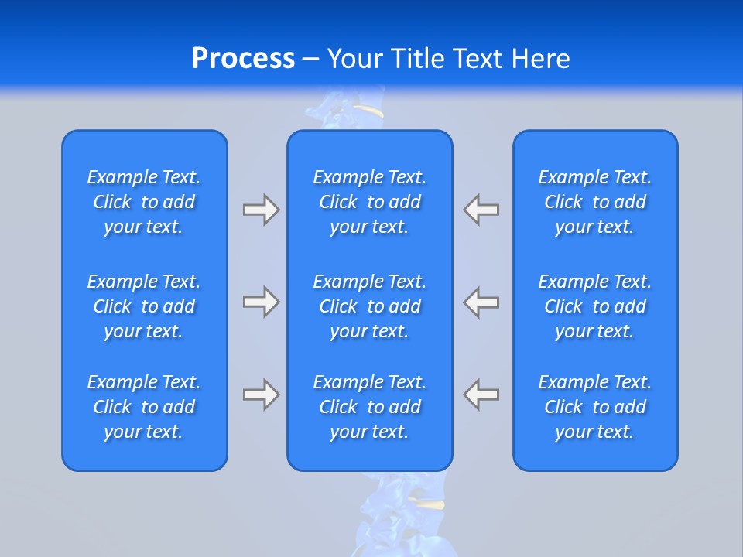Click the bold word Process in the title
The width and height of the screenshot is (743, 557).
(x=243, y=59)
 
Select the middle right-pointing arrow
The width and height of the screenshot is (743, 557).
(x=261, y=302)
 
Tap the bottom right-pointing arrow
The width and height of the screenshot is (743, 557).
(x=261, y=395)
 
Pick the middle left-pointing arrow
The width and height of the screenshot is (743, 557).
(x=481, y=302)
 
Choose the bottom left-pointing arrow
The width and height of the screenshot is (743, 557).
(x=481, y=395)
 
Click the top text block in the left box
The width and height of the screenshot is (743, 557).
(x=144, y=202)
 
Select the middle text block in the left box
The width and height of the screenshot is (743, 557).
(x=144, y=306)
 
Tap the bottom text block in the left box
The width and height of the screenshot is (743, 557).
(x=144, y=407)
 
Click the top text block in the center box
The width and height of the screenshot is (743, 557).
(x=370, y=202)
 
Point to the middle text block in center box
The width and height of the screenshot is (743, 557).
(x=370, y=306)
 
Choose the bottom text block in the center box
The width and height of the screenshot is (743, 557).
(x=370, y=407)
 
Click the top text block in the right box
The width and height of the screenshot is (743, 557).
(x=595, y=202)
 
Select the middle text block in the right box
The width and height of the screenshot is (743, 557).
(x=595, y=306)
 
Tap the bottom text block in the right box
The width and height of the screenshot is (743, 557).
(x=595, y=407)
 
